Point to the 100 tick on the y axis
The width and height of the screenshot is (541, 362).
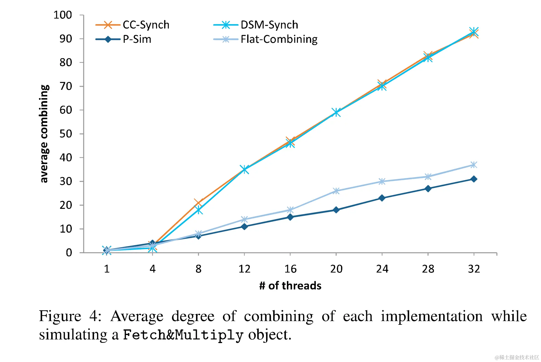click(63, 15)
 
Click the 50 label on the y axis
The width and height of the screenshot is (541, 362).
click(66, 134)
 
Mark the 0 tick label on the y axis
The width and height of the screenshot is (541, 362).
click(69, 253)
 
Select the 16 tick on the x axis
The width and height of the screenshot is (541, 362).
click(290, 269)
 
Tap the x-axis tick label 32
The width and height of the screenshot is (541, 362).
click(474, 269)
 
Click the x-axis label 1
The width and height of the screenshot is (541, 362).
click(107, 269)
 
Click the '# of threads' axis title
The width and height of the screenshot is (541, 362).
click(290, 286)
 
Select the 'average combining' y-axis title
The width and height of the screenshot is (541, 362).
click(44, 134)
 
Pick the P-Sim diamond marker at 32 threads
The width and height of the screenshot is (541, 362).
click(474, 179)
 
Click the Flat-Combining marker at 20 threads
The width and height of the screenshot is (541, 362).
click(336, 191)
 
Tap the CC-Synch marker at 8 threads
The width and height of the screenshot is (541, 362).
click(198, 203)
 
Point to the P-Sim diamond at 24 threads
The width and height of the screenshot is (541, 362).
click(382, 198)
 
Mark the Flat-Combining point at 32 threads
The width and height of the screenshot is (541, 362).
click(474, 165)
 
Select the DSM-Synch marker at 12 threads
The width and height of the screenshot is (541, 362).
click(244, 169)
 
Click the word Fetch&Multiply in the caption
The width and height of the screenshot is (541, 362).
click(183, 335)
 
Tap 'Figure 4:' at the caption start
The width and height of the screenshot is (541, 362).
click(70, 316)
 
